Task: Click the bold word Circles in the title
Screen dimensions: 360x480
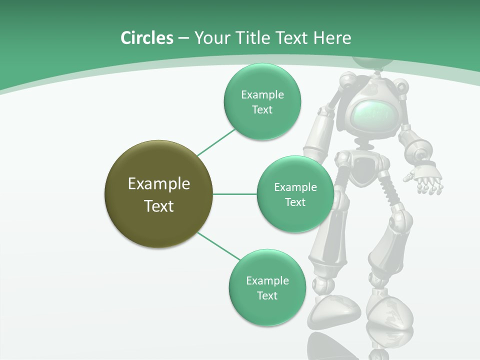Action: (146, 38)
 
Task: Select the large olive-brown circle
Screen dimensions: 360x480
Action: (159, 194)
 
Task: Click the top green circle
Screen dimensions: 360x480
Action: (262, 101)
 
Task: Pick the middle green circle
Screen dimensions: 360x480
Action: (295, 194)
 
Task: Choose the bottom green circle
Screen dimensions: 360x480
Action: (267, 287)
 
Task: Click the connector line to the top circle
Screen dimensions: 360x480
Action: (216, 141)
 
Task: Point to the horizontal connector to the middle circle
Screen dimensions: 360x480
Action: (235, 194)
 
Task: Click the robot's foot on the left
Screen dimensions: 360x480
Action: (333, 309)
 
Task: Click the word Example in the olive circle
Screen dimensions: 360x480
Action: (159, 184)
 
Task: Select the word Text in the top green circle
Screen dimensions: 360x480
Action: (262, 110)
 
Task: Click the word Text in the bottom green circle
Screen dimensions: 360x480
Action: (267, 295)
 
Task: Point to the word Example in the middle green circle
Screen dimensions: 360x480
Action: (295, 187)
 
